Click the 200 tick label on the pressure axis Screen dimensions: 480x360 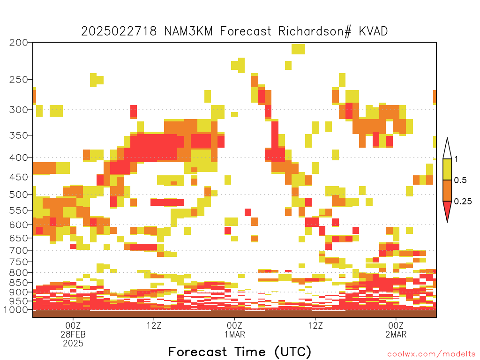(18, 43)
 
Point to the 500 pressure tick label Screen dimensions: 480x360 (18, 195)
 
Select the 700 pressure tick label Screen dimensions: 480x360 (18, 250)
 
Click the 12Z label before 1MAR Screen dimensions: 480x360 (154, 325)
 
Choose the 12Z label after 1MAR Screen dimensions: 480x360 (315, 325)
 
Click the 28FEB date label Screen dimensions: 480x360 (73, 334)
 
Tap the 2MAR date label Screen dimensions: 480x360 (396, 334)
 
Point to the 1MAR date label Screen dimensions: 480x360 (235, 334)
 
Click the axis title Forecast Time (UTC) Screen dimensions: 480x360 (240, 352)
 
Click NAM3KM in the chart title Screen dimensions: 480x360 (188, 31)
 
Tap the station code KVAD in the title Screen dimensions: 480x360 (373, 31)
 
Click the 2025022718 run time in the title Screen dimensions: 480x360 (119, 31)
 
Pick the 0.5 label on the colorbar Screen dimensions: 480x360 (460, 180)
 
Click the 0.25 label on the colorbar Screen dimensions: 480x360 (463, 201)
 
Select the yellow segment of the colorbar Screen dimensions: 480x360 (447, 169)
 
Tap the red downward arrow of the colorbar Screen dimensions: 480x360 (447, 210)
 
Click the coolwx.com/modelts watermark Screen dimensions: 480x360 (432, 354)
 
